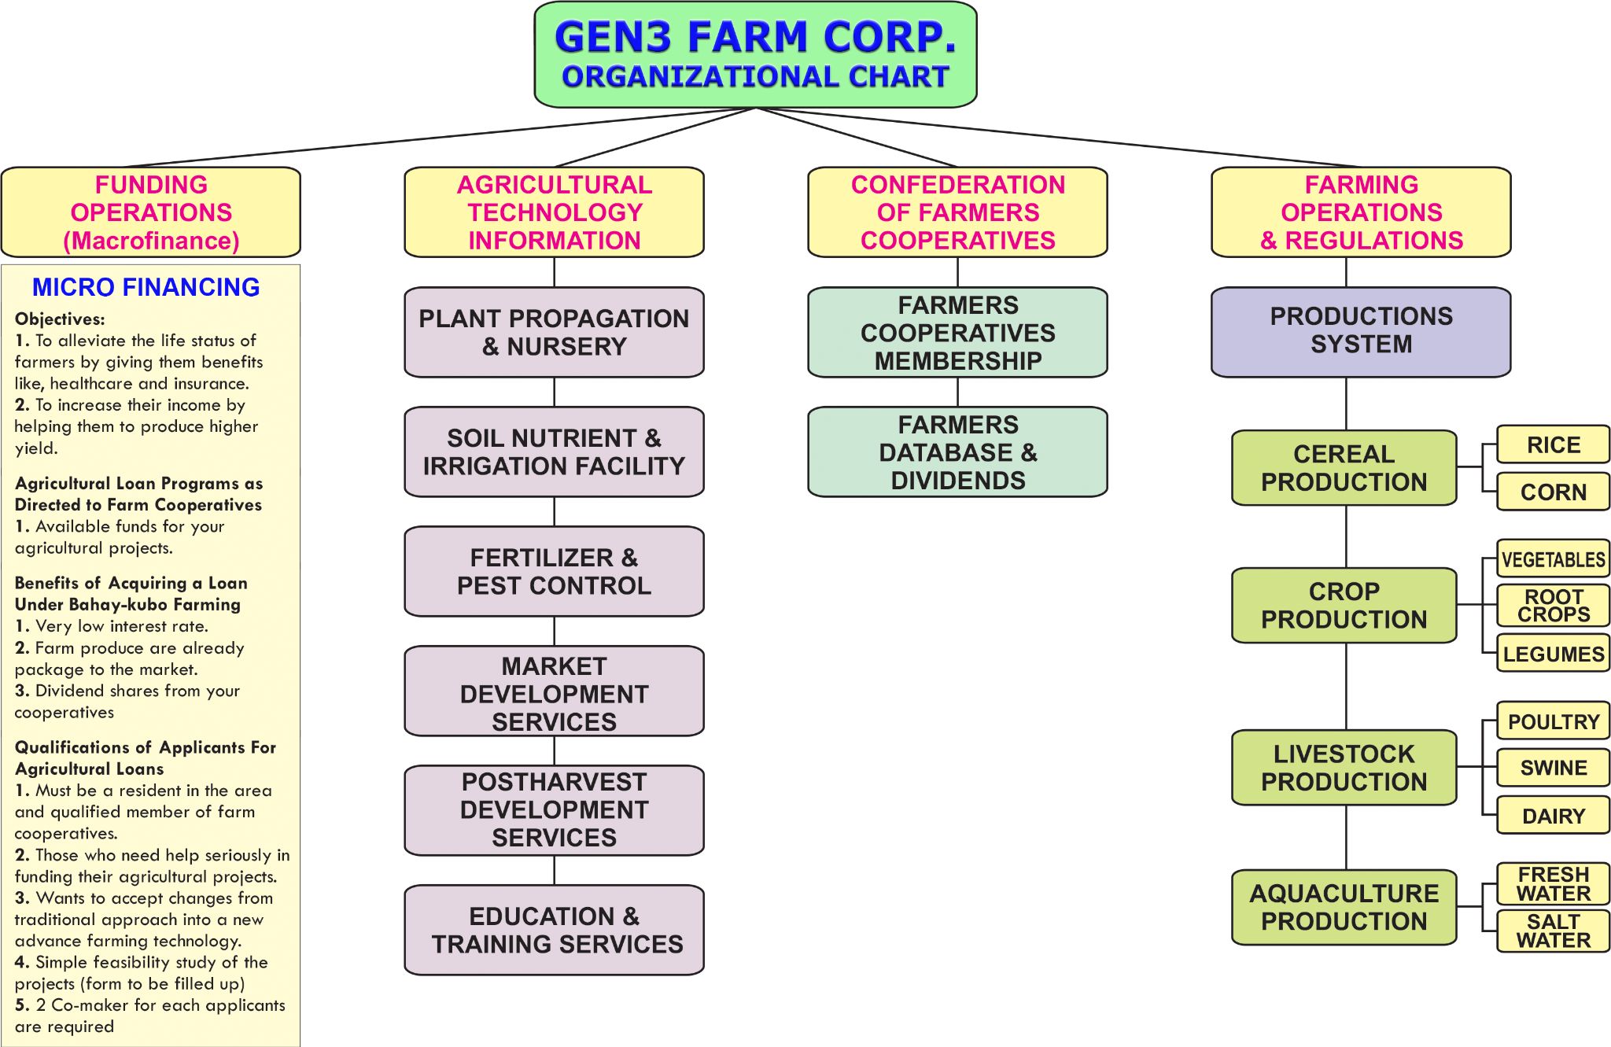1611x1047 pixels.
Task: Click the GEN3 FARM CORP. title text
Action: click(x=755, y=37)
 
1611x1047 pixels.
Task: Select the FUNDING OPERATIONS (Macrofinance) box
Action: click(x=151, y=212)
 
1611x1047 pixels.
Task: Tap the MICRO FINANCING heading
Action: click(x=146, y=287)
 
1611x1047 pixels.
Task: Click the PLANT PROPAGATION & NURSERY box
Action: click(x=554, y=332)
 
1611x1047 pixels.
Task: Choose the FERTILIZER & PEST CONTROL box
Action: click(x=554, y=571)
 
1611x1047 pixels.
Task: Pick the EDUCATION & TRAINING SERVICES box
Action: click(x=554, y=930)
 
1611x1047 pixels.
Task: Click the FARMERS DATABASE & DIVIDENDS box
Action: click(x=957, y=452)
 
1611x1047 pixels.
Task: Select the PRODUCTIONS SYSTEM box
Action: click(x=1361, y=331)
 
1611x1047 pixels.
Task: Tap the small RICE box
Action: click(x=1553, y=445)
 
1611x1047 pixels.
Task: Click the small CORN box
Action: click(x=1553, y=492)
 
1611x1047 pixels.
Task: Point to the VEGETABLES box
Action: click(x=1553, y=559)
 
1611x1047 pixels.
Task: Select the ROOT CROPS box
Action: click(x=1553, y=606)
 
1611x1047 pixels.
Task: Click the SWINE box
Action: click(x=1553, y=768)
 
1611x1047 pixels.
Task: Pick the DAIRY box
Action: click(x=1553, y=816)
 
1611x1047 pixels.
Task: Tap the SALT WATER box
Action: click(x=1553, y=931)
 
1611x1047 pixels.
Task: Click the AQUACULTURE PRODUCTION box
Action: click(x=1344, y=907)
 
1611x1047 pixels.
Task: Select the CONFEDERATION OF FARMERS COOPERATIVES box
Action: click(x=957, y=212)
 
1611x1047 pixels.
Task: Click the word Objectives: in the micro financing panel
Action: click(x=60, y=319)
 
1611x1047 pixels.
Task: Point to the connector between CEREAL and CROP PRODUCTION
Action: click(x=1346, y=536)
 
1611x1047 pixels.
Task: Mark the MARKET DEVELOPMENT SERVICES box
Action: click(x=554, y=691)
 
